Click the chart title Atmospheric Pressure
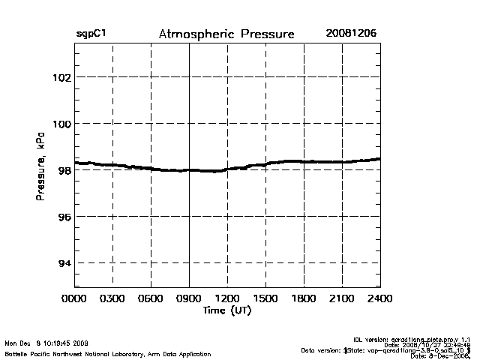tap(226, 34)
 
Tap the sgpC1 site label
tap(90, 34)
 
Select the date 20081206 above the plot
tap(351, 34)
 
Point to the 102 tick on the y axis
tap(61, 77)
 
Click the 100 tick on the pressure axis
tap(61, 124)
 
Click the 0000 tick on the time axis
tap(74, 298)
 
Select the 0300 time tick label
tap(112, 298)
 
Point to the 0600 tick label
tap(151, 298)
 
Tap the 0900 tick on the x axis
tap(189, 298)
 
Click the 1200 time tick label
tap(227, 298)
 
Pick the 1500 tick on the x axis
tap(265, 298)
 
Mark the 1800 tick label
tap(304, 298)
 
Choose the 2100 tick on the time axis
tap(342, 298)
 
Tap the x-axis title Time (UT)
tap(226, 310)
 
